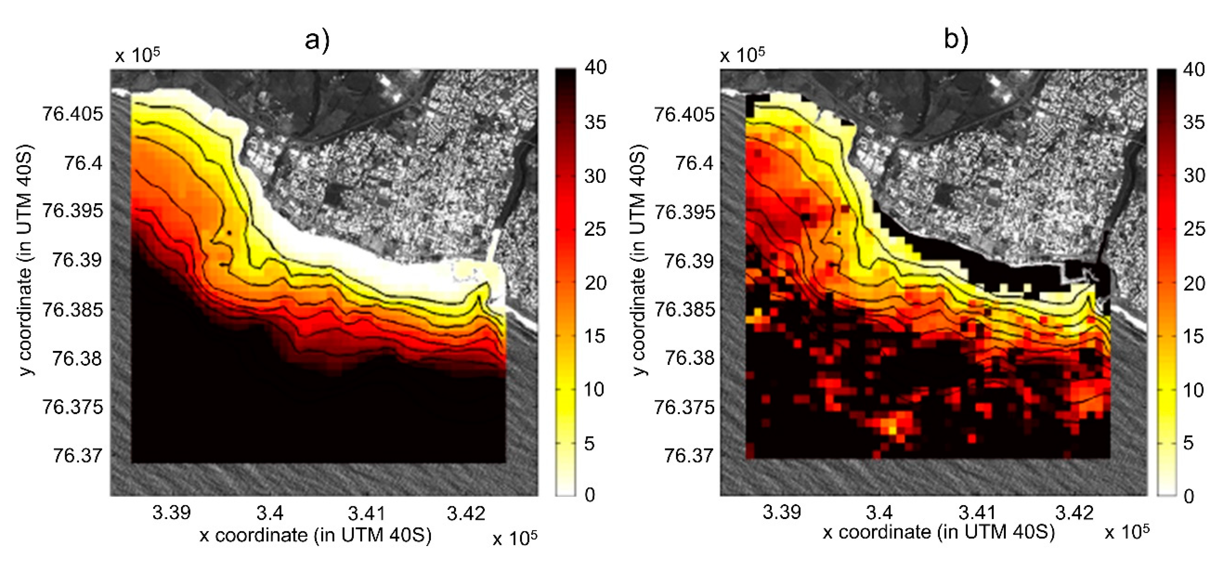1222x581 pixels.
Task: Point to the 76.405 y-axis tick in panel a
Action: tap(73, 114)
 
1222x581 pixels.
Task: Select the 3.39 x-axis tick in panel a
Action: tap(171, 513)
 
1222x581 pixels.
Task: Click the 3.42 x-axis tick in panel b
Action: tap(1075, 513)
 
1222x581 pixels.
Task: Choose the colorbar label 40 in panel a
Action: tap(595, 67)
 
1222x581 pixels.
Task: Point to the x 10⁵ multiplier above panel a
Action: tap(137, 55)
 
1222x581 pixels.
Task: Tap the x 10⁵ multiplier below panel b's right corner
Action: tap(1127, 532)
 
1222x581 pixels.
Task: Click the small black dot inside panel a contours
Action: tap(229, 233)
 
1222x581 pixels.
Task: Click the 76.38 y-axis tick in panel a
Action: tap(77, 358)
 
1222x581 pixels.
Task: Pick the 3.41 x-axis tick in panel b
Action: tap(977, 513)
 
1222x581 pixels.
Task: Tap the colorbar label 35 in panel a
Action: tap(595, 123)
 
